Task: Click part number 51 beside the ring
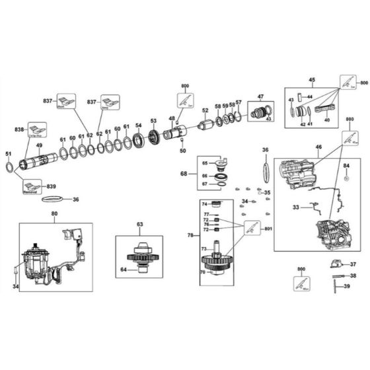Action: tap(9, 154)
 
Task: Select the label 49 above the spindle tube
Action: tap(39, 145)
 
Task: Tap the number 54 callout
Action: tap(138, 125)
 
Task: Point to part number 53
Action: tap(153, 121)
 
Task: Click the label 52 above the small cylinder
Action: tap(205, 110)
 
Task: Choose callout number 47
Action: tap(260, 96)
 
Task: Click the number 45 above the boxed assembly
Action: tap(311, 81)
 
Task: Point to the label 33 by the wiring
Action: tap(297, 207)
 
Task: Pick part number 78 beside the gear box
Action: tap(190, 236)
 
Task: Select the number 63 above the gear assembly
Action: tap(139, 225)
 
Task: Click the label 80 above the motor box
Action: tap(55, 213)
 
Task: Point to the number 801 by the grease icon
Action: tap(268, 229)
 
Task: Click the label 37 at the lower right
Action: tap(353, 264)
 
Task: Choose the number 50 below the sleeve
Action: tap(183, 151)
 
